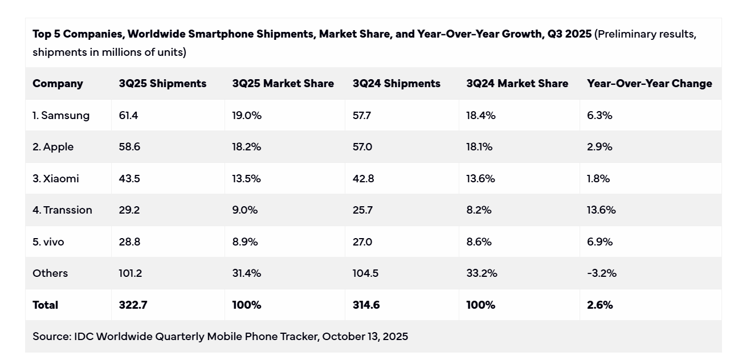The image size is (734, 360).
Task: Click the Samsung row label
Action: click(61, 116)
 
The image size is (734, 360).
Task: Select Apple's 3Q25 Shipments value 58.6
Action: click(129, 147)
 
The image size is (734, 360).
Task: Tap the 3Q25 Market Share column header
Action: click(283, 84)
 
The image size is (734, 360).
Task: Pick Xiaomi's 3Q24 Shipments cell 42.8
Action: click(363, 179)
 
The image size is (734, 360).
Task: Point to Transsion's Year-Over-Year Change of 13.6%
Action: click(601, 210)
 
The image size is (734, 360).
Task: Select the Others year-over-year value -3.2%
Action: click(602, 273)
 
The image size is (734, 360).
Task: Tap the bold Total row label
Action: click(46, 305)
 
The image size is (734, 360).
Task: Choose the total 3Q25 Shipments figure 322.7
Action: click(133, 305)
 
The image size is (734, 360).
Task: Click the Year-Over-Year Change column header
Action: click(649, 84)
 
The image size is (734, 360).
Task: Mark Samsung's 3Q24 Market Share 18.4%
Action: click(481, 116)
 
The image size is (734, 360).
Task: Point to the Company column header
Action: click(58, 84)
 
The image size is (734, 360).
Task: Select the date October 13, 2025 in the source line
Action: click(365, 337)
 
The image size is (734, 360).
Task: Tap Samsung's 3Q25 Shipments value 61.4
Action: click(129, 116)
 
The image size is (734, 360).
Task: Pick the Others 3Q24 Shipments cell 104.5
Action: click(365, 273)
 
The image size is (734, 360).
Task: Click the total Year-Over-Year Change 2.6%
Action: click(600, 305)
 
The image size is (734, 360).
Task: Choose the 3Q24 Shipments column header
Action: click(396, 84)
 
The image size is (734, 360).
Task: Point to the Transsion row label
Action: click(62, 210)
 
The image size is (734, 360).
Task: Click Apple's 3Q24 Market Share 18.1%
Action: click(480, 147)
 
